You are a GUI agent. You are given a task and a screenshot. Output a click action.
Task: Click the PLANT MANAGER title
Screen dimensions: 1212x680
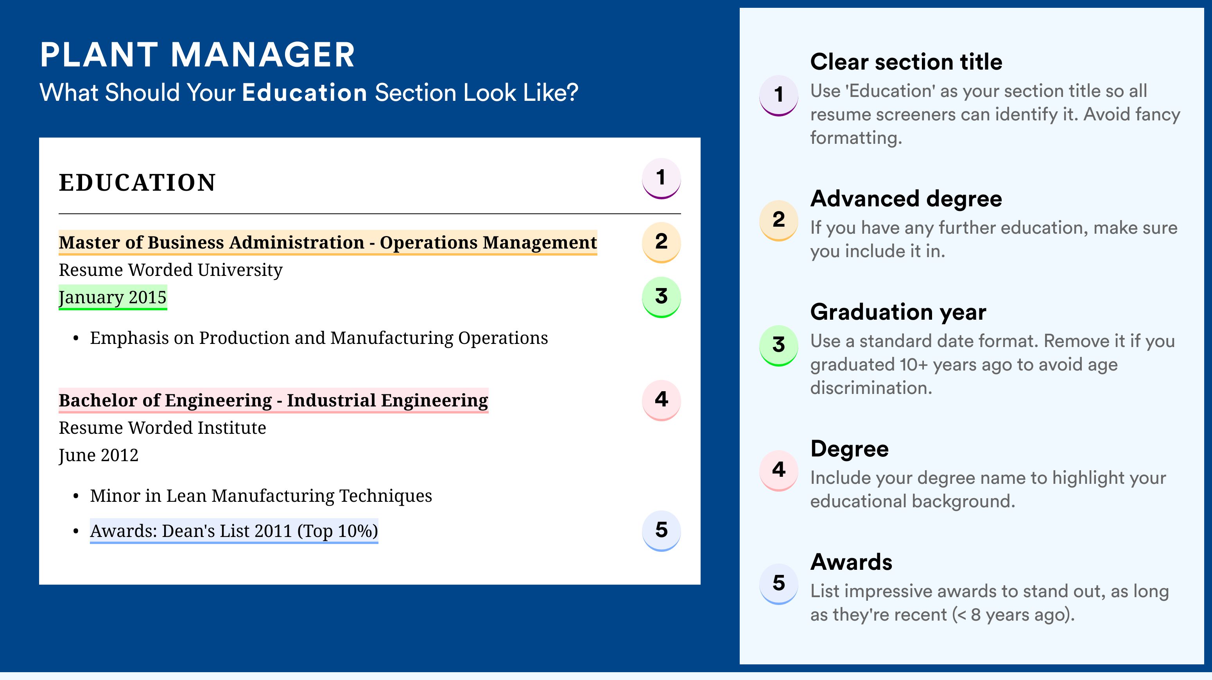click(x=197, y=55)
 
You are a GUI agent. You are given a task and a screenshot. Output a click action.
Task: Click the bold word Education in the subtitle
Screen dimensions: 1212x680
click(x=305, y=92)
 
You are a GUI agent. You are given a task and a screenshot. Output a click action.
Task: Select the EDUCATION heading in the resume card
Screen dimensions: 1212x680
click(x=137, y=183)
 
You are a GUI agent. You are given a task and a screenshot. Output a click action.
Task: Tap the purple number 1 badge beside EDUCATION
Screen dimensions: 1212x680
click(x=661, y=178)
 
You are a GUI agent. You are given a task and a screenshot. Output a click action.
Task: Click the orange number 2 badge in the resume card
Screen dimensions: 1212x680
click(x=661, y=242)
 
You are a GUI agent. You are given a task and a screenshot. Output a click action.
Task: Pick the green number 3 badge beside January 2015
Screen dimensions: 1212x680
click(x=661, y=297)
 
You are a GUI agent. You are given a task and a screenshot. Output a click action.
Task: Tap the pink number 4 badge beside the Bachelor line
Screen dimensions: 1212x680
click(x=661, y=400)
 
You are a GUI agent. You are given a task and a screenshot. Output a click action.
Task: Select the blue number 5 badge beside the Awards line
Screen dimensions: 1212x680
click(x=661, y=530)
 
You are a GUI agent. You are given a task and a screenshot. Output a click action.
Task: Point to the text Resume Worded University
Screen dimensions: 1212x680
click(x=170, y=270)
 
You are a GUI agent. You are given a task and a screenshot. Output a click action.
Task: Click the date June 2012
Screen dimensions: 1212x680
click(x=99, y=455)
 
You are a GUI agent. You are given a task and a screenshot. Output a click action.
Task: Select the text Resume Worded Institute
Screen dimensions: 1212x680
click(x=162, y=428)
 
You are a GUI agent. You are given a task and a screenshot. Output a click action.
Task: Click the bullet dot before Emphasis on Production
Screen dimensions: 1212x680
click(x=76, y=339)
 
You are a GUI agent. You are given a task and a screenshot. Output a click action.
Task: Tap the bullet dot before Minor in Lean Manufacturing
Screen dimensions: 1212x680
click(x=76, y=497)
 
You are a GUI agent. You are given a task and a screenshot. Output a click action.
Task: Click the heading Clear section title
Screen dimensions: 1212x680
click(x=906, y=62)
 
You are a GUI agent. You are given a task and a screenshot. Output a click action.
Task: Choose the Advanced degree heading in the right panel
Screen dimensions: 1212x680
click(x=906, y=199)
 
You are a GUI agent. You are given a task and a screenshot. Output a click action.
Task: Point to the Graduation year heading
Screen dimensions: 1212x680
click(x=898, y=312)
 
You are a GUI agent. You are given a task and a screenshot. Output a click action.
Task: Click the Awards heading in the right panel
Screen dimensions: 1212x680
click(x=851, y=562)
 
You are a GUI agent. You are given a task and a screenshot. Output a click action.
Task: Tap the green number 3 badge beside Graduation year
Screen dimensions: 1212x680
click(x=779, y=345)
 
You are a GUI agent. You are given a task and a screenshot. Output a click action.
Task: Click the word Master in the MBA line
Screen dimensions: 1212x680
click(x=90, y=242)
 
